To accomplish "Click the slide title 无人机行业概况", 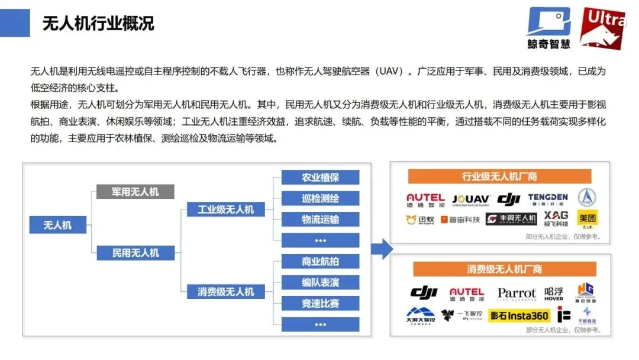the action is pyautogui.click(x=98, y=23).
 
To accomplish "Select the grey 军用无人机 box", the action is pyautogui.click(x=135, y=191).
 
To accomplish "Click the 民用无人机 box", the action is pyautogui.click(x=135, y=253).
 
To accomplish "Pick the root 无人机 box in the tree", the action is pyautogui.click(x=58, y=225).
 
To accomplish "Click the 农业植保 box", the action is pyautogui.click(x=320, y=177).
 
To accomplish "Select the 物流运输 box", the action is pyautogui.click(x=320, y=219).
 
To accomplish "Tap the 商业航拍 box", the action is pyautogui.click(x=320, y=261).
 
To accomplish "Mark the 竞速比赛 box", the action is pyautogui.click(x=320, y=303).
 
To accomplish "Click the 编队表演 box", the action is pyautogui.click(x=320, y=282).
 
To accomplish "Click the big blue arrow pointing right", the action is pyautogui.click(x=382, y=249).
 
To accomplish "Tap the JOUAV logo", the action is pyautogui.click(x=470, y=200).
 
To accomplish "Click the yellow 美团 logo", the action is pyautogui.click(x=587, y=220).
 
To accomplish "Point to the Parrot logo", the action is pyautogui.click(x=516, y=294).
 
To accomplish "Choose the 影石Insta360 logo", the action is pyautogui.click(x=519, y=316).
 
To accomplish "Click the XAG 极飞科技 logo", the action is pyautogui.click(x=556, y=218).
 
